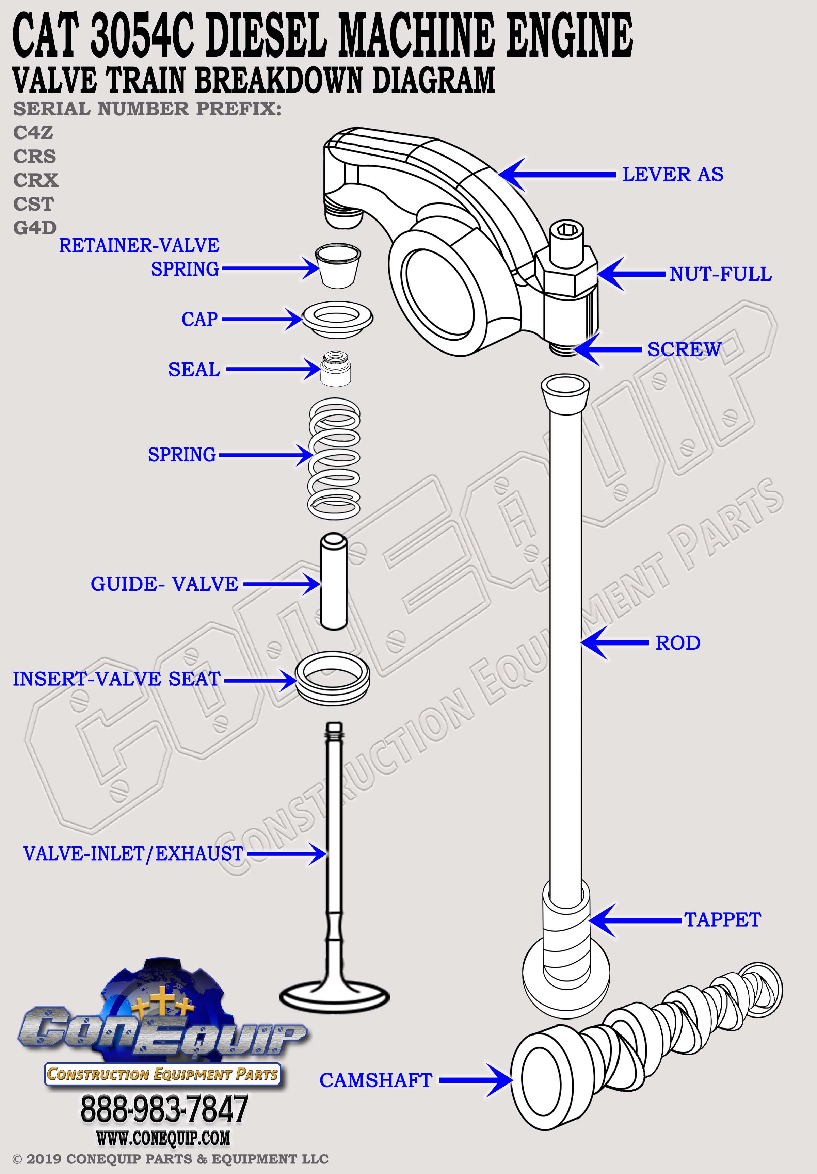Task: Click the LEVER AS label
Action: pos(672,174)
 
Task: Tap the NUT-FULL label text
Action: pos(720,274)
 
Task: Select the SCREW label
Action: pos(684,350)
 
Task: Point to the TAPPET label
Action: pos(722,919)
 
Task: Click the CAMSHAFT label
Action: pos(376,1080)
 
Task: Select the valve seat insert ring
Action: pos(333,678)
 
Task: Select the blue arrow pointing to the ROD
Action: pos(614,643)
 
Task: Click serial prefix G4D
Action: pos(35,228)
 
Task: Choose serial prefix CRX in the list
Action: pos(36,180)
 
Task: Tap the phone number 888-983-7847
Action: pos(164,1109)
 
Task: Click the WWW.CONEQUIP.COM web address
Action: pos(163,1138)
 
